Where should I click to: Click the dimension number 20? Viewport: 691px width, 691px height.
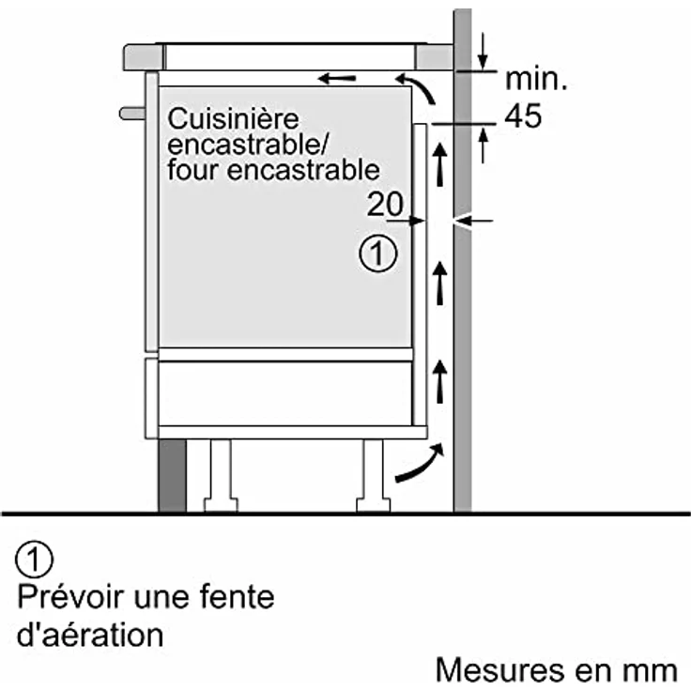pyautogui.click(x=385, y=204)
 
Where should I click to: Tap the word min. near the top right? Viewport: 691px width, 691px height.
pyautogui.click(x=537, y=79)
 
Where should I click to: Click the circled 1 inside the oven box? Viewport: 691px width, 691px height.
pyautogui.click(x=377, y=254)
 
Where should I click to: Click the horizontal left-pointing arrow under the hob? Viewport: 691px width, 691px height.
pyautogui.click(x=337, y=77)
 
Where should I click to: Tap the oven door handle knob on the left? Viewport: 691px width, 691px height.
pyautogui.click(x=131, y=113)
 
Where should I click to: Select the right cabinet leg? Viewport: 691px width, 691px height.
pyautogui.click(x=372, y=475)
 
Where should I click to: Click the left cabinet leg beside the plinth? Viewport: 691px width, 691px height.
pyautogui.click(x=222, y=475)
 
